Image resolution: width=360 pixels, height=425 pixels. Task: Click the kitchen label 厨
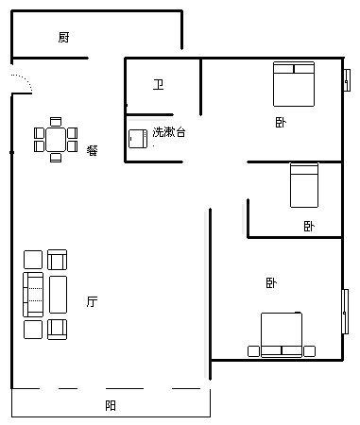(63, 37)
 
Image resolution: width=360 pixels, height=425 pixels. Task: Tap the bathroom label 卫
(158, 85)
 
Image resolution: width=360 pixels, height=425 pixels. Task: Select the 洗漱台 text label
(169, 132)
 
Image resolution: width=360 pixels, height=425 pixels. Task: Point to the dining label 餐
(93, 150)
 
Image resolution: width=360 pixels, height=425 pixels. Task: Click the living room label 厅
(92, 301)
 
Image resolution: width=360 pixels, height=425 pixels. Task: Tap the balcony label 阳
(111, 405)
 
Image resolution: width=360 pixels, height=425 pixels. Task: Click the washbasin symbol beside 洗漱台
(138, 139)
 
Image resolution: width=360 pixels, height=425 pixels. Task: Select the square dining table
(56, 140)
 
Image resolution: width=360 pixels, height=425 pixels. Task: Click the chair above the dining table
(56, 122)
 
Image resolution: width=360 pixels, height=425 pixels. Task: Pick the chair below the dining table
(56, 158)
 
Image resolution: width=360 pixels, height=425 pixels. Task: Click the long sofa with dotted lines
(33, 295)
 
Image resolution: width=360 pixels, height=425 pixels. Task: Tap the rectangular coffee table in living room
(59, 295)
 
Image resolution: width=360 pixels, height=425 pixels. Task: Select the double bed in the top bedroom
(294, 84)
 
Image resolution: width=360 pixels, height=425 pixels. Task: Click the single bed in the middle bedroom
(304, 185)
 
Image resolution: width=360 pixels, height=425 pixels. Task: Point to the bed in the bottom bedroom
(282, 335)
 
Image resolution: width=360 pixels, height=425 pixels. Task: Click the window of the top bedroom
(347, 80)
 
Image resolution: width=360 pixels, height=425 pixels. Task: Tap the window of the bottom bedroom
(345, 312)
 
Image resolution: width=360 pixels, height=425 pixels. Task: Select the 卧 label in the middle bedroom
(309, 226)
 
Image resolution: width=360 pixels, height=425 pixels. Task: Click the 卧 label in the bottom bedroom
(271, 282)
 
